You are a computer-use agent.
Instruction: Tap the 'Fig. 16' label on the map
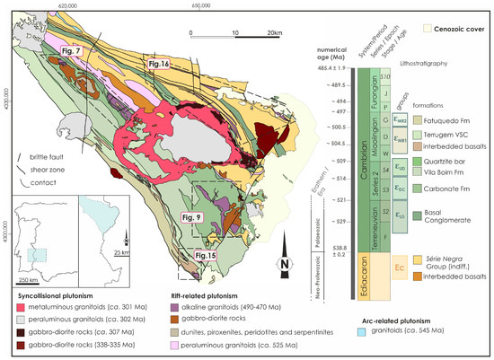tap(159, 64)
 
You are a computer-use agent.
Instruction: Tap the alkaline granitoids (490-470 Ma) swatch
tap(180, 305)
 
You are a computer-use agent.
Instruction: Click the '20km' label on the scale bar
tap(271, 32)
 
